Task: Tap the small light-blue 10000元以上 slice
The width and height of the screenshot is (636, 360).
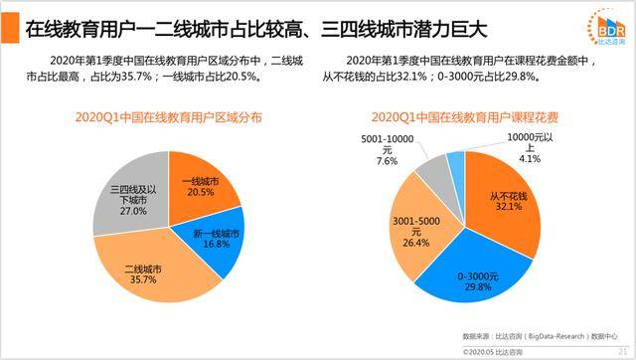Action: tap(455, 164)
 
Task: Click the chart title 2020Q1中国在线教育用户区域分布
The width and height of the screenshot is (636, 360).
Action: tap(168, 116)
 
